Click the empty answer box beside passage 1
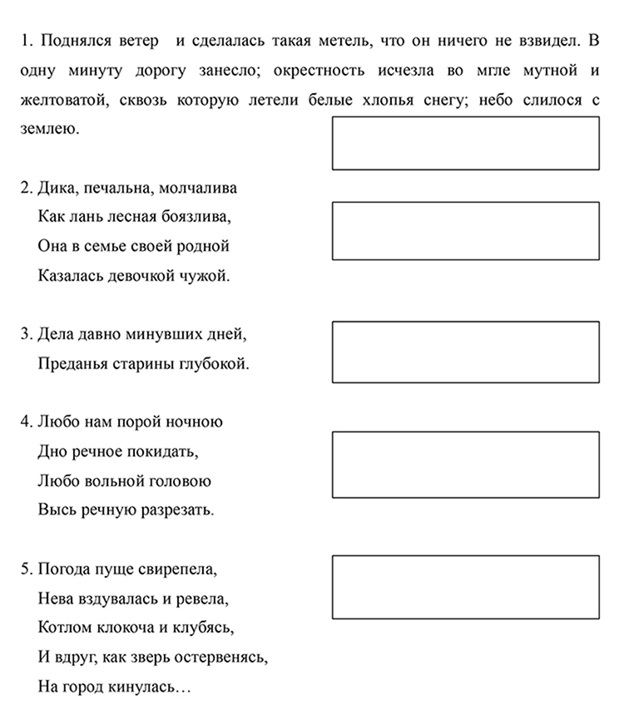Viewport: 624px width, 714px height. coord(465,143)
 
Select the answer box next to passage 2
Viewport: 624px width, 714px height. coord(465,230)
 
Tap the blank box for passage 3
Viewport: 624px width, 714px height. coord(465,352)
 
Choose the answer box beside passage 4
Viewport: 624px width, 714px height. coord(465,464)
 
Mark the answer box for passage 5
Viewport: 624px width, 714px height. coord(465,588)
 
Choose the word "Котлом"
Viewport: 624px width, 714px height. coord(62,628)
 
